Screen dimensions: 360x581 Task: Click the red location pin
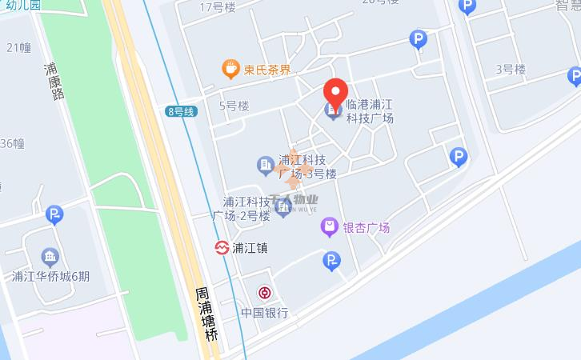[x=335, y=92]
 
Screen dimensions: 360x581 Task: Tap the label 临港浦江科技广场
[x=369, y=111]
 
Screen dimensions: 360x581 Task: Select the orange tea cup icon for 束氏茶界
[x=230, y=69]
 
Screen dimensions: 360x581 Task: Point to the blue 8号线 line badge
[x=181, y=111]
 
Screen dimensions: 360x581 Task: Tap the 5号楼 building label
[x=234, y=105]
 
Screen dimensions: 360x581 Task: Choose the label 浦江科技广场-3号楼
[x=306, y=166]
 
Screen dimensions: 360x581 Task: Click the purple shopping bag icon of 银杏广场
[x=328, y=227]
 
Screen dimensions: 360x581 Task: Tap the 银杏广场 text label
[x=367, y=228]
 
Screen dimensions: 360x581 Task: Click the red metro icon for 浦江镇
[x=221, y=248]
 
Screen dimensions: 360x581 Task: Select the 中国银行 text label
[x=264, y=313]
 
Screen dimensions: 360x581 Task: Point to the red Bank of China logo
[x=263, y=292]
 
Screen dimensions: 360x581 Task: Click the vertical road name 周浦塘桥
[x=206, y=315]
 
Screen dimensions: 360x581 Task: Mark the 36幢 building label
[x=12, y=144]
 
